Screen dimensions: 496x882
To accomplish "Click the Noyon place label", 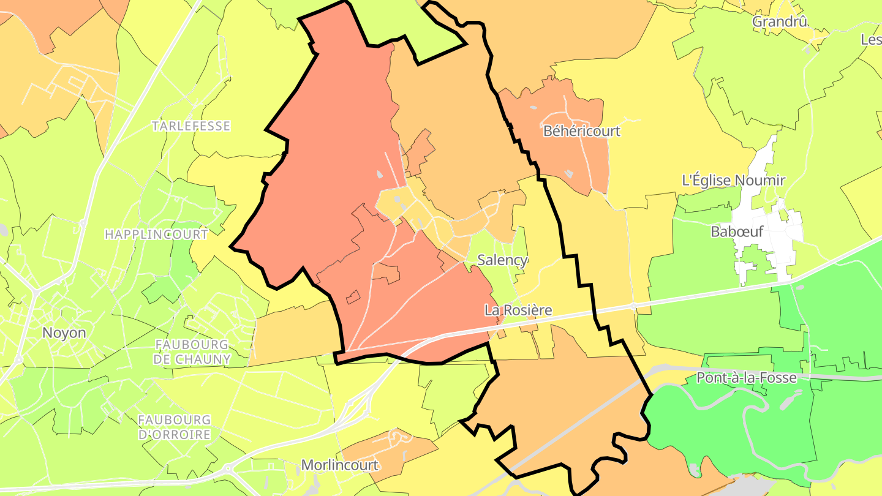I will click(64, 333).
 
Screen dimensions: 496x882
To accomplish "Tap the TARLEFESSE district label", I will click(191, 126).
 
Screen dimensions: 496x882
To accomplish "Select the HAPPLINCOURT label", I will click(156, 235).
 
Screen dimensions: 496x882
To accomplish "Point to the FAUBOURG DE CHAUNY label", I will click(192, 352).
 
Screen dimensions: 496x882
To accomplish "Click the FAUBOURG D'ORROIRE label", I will click(175, 427).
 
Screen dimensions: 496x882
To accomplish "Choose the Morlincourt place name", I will click(339, 465).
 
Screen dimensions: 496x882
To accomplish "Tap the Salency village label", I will click(502, 260).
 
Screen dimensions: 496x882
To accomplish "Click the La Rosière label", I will click(518, 310).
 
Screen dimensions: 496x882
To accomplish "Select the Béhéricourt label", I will click(582, 131).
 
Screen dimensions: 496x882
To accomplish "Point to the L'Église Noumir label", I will click(733, 181).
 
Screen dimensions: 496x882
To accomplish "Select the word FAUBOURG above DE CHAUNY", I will click(192, 345).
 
